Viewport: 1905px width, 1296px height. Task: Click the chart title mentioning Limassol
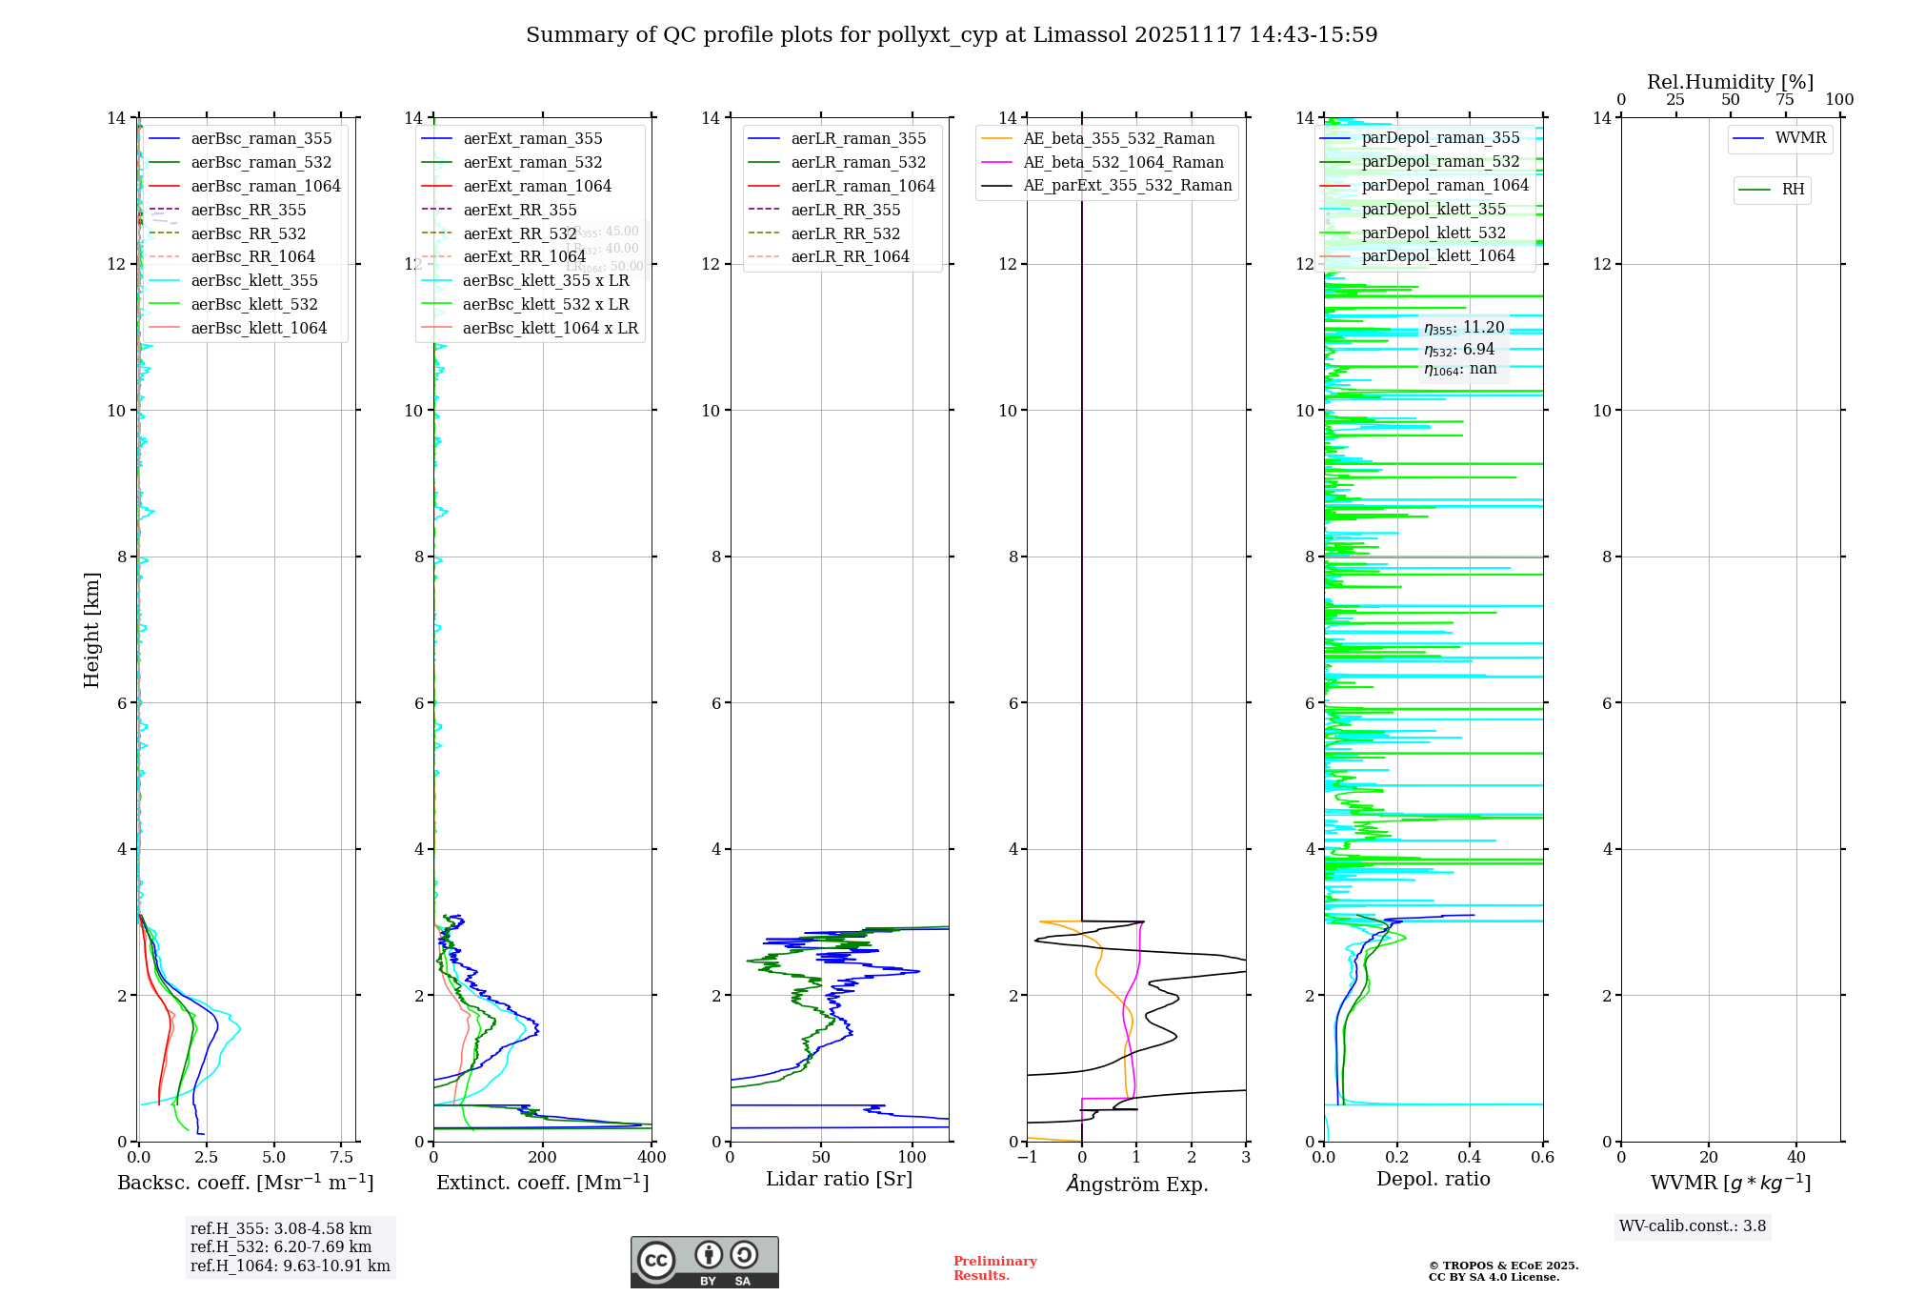(952, 35)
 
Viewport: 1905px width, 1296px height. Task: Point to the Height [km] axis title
(91, 629)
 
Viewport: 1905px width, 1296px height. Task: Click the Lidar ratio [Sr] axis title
(838, 1179)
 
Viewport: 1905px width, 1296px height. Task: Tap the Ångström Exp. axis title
(1136, 1184)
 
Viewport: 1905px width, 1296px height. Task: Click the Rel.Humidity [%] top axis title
(1730, 82)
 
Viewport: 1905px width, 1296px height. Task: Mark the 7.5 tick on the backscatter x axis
(342, 1157)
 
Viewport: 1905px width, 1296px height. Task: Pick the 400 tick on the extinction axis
(652, 1157)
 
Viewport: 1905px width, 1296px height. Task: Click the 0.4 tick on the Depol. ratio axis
(1470, 1157)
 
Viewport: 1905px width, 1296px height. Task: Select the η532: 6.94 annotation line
(1459, 349)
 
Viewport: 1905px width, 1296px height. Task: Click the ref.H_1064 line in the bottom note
(290, 1266)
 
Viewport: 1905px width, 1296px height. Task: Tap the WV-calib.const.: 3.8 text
(1693, 1225)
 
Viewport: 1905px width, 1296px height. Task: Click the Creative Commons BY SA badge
(704, 1262)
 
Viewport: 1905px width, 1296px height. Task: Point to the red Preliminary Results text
(994, 1267)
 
